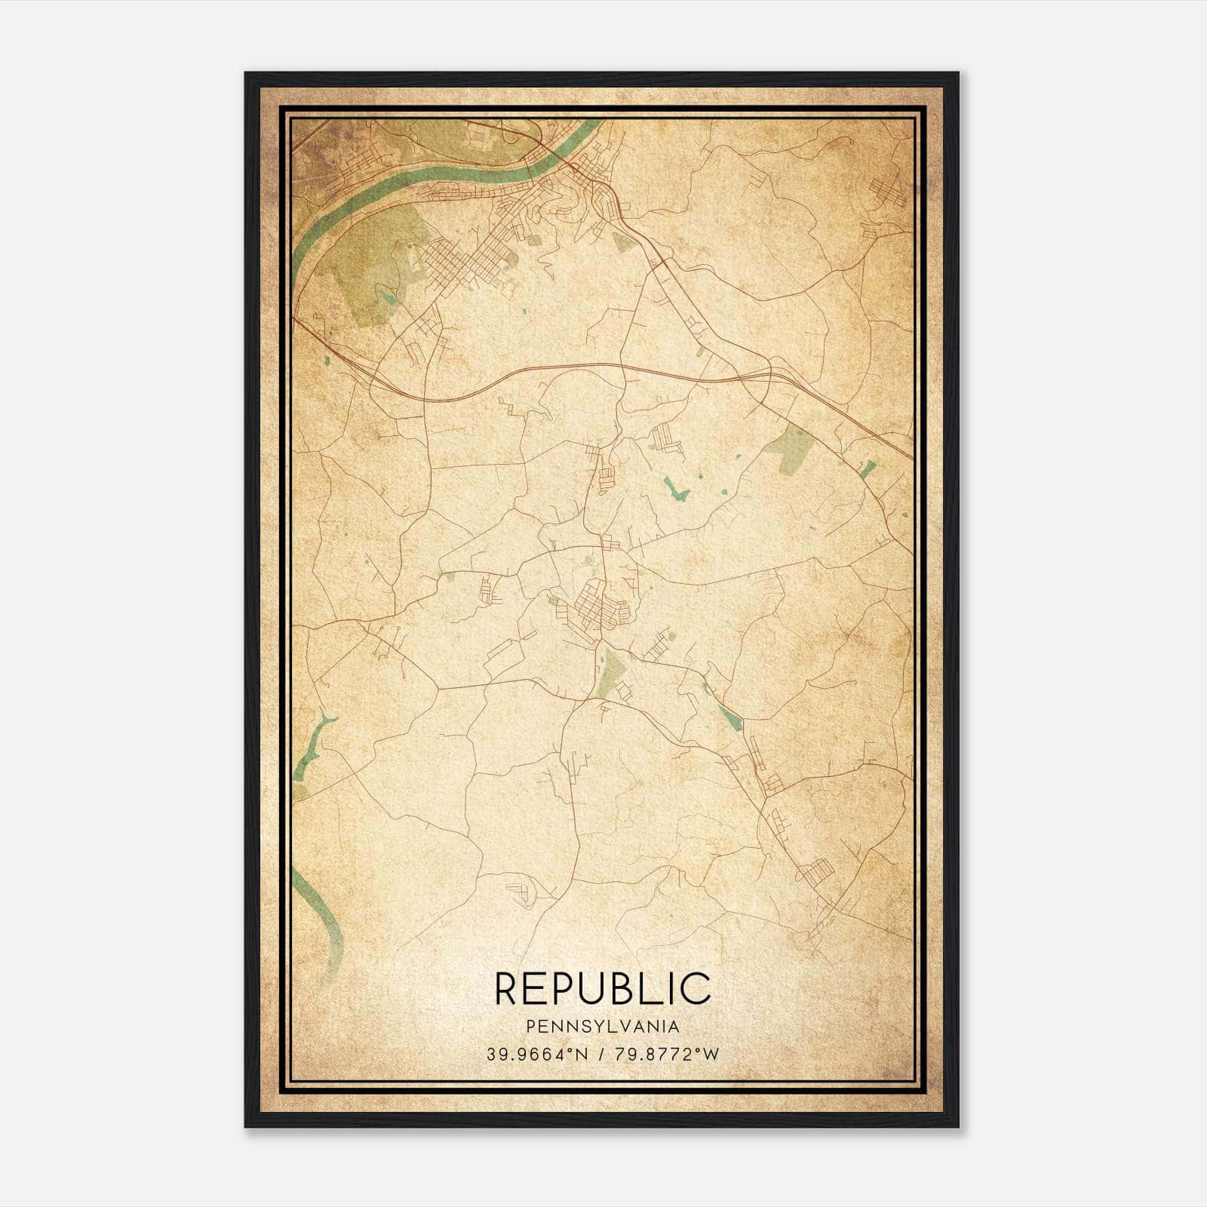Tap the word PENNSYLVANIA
click(x=603, y=1027)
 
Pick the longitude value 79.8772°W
click(x=668, y=1054)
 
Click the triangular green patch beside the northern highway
click(x=622, y=241)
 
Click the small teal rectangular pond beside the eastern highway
click(x=868, y=469)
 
